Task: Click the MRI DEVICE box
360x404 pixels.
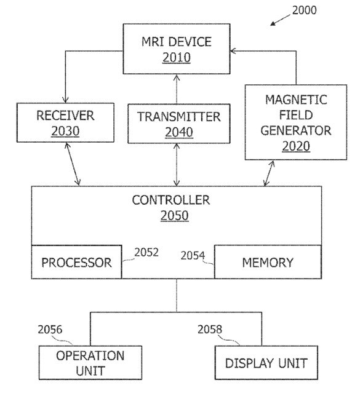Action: point(177,49)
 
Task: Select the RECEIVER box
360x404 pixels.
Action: point(65,122)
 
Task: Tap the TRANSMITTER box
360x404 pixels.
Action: point(179,124)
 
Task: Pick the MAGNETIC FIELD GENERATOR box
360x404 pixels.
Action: point(296,122)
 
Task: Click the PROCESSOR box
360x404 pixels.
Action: point(76,262)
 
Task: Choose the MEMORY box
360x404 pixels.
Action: point(268,262)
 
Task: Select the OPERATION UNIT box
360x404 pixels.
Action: point(90,363)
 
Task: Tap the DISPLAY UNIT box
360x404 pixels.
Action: point(266,363)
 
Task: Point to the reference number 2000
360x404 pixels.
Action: point(304,10)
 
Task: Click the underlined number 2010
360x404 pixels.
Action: point(177,57)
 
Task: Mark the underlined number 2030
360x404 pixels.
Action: point(65,131)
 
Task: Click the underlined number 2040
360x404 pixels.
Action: point(179,132)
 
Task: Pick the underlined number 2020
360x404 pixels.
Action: point(296,146)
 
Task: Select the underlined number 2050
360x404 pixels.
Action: point(175,216)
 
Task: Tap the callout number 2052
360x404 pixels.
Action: point(146,253)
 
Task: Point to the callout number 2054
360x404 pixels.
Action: point(193,256)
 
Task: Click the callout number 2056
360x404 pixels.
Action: point(50,330)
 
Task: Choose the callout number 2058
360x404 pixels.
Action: point(210,330)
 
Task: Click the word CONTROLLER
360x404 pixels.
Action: point(171,200)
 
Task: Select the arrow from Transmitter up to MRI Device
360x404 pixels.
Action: point(177,89)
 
